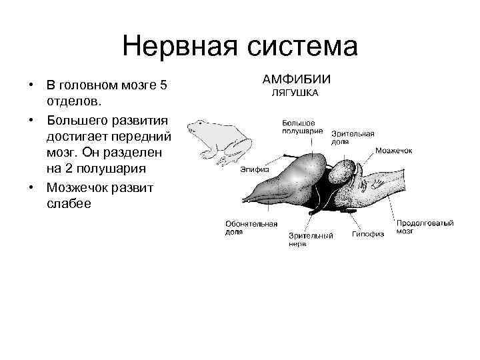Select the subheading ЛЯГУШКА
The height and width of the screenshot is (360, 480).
click(295, 93)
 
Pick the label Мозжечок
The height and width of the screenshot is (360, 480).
click(393, 151)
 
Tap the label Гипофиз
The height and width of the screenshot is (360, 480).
click(368, 234)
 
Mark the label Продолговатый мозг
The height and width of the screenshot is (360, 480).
click(425, 227)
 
